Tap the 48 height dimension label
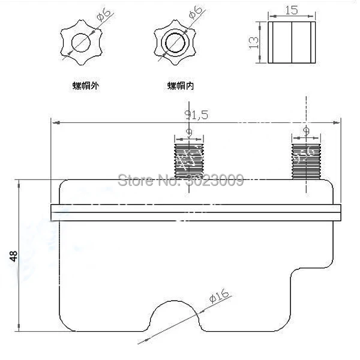coord(14,256)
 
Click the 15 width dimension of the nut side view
coord(292,11)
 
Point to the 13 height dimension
coord(255,41)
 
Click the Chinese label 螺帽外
coord(82,85)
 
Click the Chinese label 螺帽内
coord(180,85)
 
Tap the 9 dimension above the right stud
coord(307,131)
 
